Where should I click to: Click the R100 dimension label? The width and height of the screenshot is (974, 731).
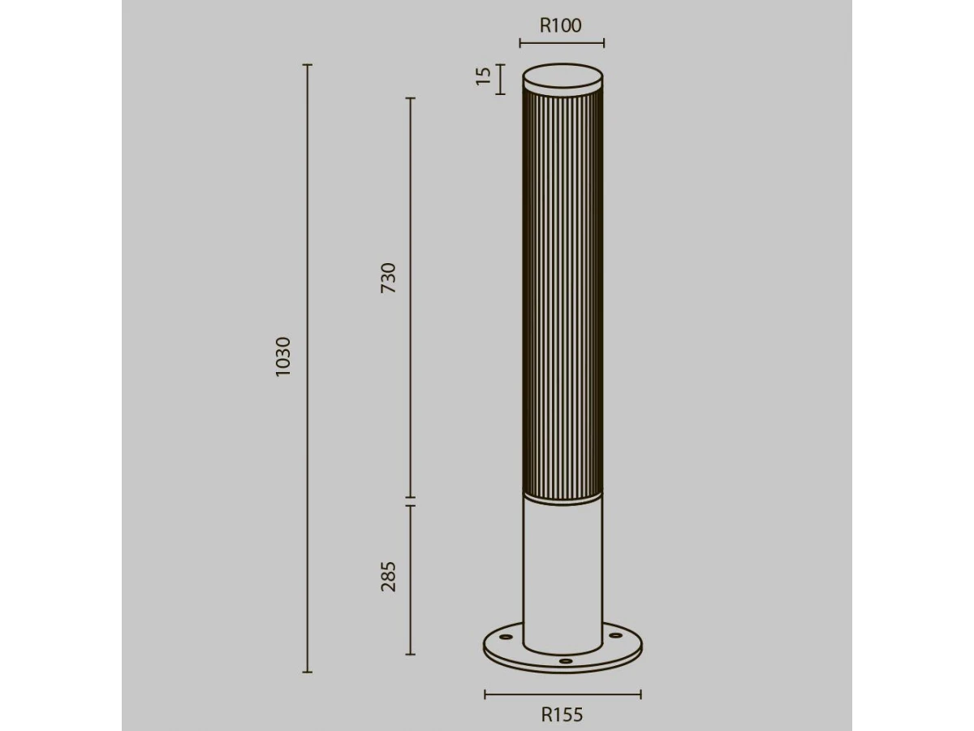560,26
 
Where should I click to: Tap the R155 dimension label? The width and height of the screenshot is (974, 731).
562,715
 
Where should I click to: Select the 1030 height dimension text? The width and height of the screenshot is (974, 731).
283,357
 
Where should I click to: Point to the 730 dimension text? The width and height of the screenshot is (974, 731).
388,278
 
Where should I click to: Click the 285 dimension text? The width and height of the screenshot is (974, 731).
388,577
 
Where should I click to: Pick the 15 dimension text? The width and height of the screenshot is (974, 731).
483,76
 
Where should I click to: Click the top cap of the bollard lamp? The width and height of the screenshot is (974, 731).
562,79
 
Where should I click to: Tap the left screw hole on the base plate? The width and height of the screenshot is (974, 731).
506,638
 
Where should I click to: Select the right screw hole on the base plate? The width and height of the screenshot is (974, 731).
615,636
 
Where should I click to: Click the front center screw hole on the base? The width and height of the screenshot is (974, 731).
565,661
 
